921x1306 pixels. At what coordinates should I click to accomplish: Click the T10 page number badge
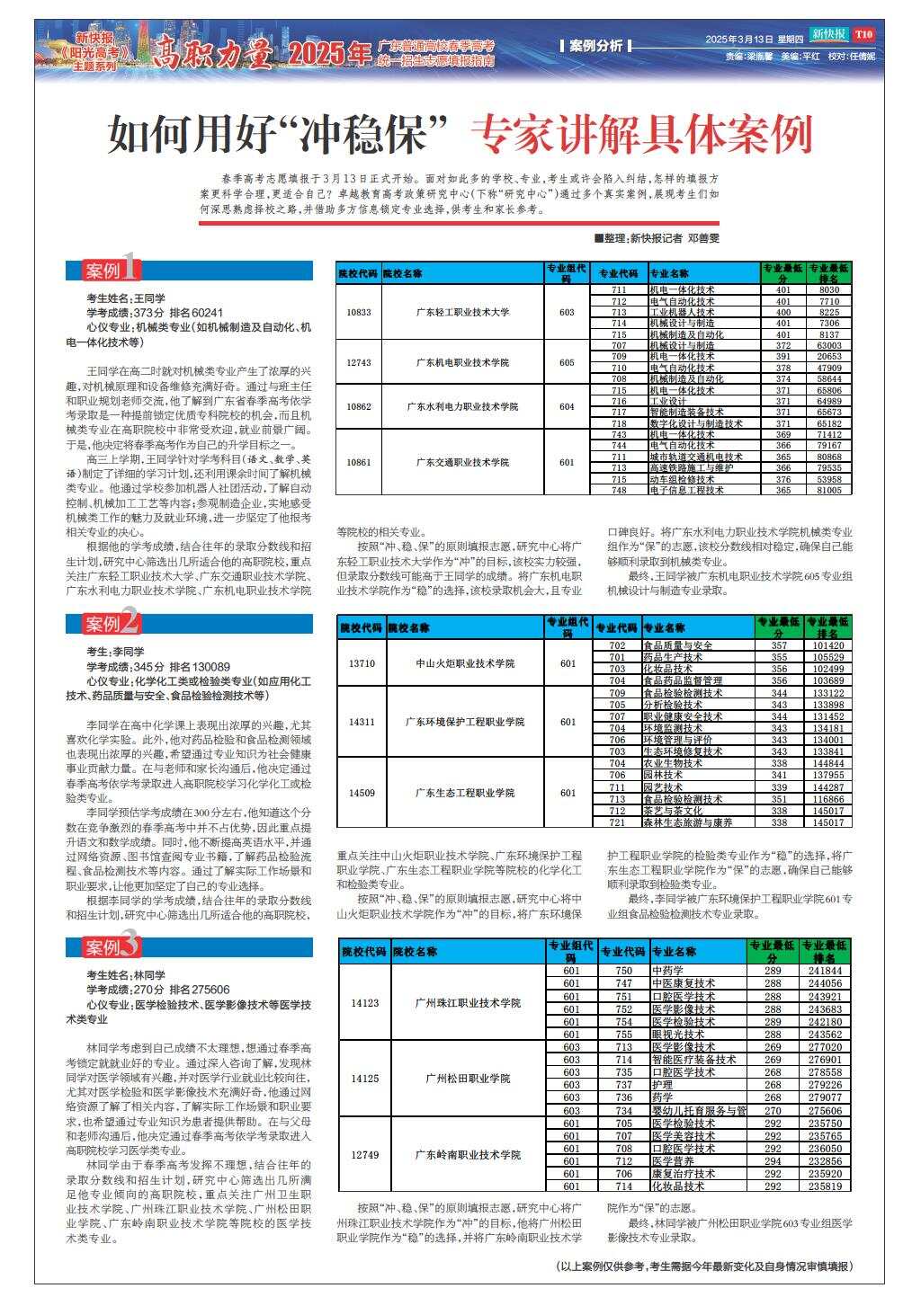(864, 35)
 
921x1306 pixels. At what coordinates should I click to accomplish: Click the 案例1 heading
(113, 271)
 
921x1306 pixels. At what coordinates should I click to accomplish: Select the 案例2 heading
(113, 622)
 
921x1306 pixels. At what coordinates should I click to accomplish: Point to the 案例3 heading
(113, 946)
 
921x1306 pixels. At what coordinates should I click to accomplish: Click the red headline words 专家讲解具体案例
(642, 135)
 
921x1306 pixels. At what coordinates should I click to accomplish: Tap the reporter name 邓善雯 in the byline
(704, 238)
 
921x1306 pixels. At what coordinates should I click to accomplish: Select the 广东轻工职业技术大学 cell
(462, 312)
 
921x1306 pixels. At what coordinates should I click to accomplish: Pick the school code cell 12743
(358, 362)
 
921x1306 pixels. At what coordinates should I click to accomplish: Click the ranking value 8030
(828, 289)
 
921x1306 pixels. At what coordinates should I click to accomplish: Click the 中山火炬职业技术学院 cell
(465, 663)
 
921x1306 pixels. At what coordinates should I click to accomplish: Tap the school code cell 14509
(362, 793)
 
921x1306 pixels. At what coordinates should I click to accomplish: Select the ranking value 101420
(827, 645)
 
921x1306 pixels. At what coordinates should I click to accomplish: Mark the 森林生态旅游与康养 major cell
(687, 822)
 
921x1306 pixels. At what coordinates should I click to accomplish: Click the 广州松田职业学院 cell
(468, 1078)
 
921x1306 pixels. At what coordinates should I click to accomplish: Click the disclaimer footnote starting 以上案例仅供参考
(704, 1266)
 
